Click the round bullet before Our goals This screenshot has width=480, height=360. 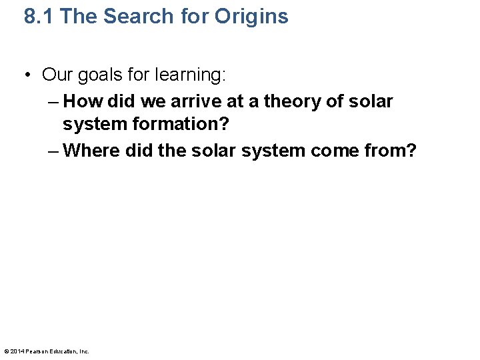point(28,75)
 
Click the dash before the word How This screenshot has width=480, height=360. point(53,101)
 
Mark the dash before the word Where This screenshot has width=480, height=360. point(53,151)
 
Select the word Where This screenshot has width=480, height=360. point(91,151)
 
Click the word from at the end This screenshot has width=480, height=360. point(392,151)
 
